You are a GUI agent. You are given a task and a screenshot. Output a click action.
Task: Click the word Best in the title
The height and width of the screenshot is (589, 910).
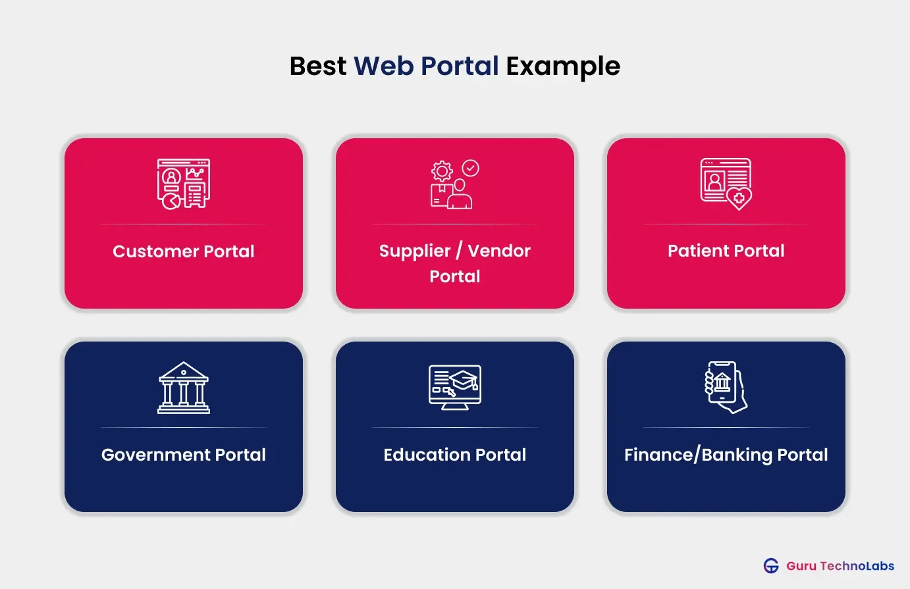[317, 66]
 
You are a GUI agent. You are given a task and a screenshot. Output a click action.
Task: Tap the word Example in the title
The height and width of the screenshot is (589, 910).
[563, 66]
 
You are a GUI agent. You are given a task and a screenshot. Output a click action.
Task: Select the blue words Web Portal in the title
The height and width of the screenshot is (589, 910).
[426, 66]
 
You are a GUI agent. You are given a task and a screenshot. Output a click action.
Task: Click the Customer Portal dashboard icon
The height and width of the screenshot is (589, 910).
[184, 184]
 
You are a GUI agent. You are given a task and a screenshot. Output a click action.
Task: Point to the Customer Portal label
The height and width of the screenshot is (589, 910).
[184, 251]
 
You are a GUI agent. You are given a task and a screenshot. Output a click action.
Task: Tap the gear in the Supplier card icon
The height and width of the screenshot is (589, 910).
[442, 172]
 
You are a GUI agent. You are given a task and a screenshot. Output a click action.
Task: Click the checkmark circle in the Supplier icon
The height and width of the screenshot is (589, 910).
[471, 168]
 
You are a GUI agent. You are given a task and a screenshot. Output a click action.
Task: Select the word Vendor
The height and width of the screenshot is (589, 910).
[499, 251]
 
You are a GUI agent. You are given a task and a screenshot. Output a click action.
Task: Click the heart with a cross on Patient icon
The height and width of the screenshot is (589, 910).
[739, 197]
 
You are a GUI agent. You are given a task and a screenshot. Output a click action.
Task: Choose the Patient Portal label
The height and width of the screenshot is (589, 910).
[726, 251]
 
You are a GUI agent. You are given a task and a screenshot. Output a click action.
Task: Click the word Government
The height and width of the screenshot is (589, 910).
[155, 455]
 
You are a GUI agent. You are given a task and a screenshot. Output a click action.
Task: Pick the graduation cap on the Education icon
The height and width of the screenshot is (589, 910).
[464, 380]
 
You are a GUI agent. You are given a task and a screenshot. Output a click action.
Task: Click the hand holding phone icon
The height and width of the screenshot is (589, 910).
[726, 387]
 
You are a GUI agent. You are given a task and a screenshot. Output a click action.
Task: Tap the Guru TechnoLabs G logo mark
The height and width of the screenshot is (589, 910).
[771, 566]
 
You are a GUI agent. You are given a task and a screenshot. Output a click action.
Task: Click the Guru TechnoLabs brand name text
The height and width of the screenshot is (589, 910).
[840, 566]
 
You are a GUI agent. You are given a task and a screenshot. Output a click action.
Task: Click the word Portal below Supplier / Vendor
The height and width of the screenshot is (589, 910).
[455, 276]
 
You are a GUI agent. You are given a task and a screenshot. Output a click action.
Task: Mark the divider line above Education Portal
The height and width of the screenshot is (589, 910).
[455, 428]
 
